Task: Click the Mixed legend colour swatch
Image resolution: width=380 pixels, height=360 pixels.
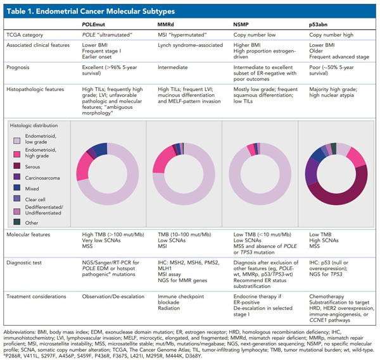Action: [x=19, y=188]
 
